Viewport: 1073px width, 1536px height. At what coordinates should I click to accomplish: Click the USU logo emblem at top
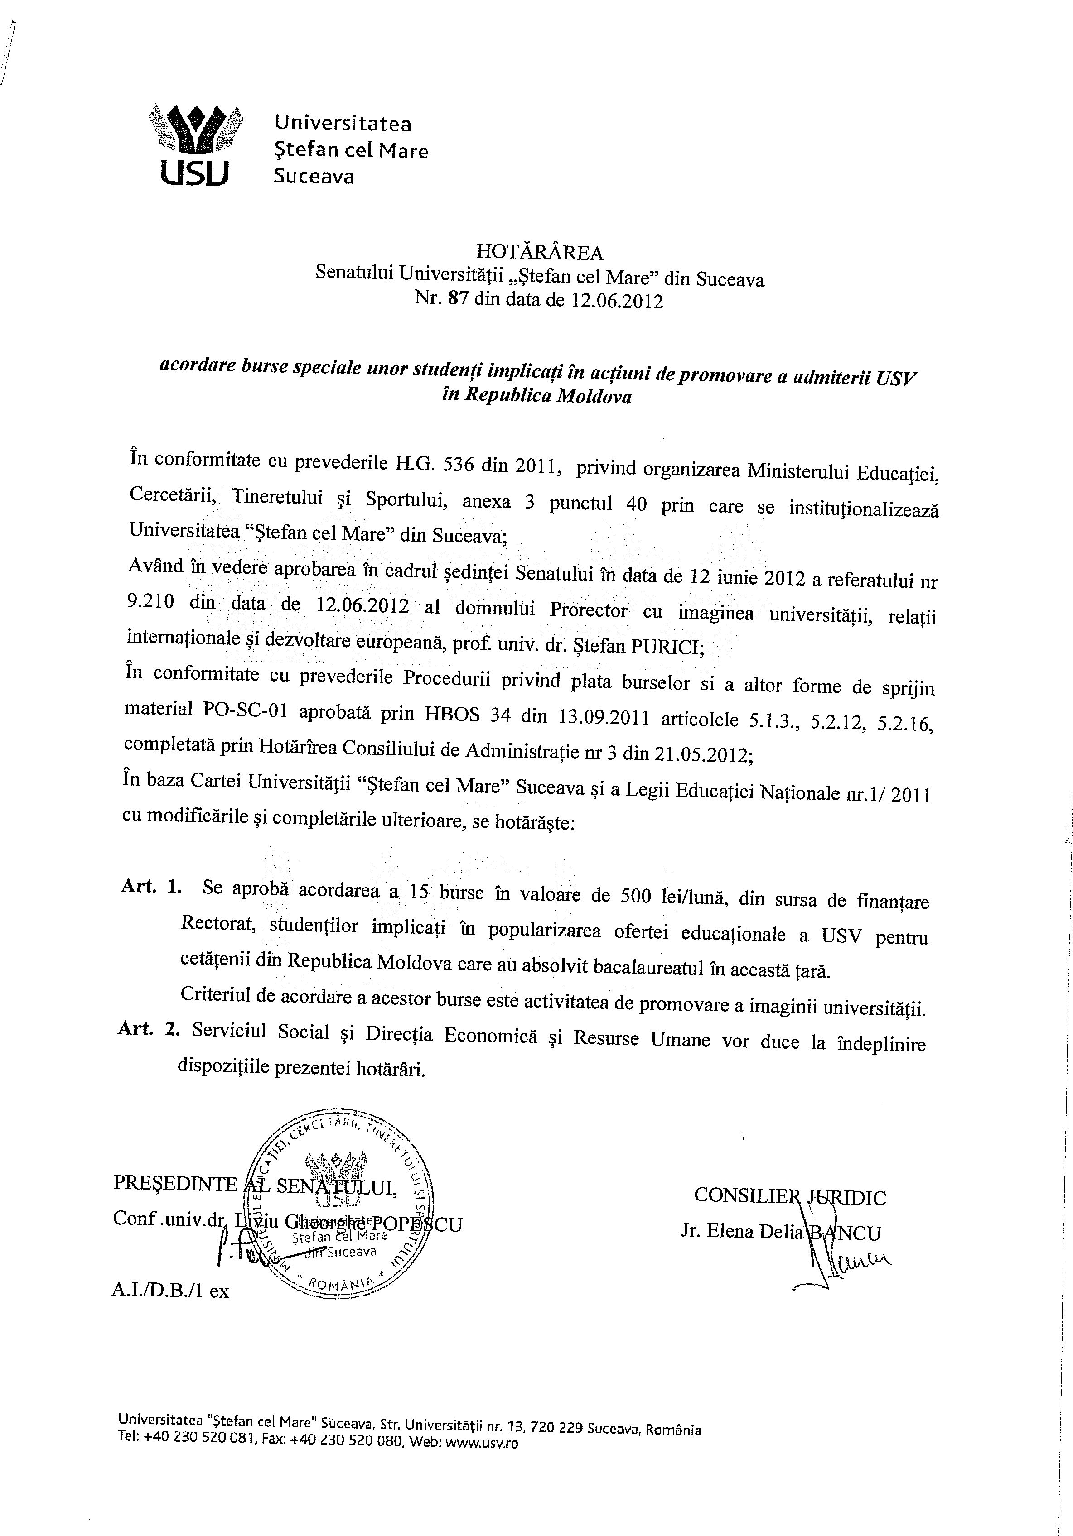point(195,143)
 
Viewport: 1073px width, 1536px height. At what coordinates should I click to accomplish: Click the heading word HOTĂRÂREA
point(540,252)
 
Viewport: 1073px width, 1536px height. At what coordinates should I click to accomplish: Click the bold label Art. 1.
point(151,887)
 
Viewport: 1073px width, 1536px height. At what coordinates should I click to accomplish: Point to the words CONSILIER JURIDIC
point(790,1196)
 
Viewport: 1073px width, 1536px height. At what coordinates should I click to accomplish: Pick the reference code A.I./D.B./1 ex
point(171,1291)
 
